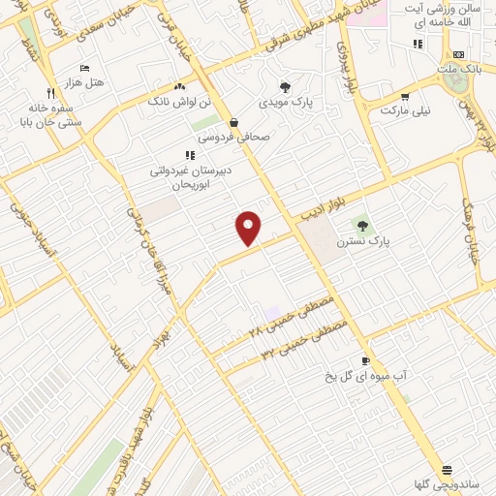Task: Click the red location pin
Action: click(249, 228)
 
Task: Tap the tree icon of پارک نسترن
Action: click(362, 226)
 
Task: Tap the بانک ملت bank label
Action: click(458, 70)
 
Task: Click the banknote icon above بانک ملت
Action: click(458, 54)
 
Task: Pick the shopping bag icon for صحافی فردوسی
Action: click(234, 122)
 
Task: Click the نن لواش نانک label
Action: click(175, 100)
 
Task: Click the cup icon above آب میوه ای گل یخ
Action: click(364, 358)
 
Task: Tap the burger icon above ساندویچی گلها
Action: click(445, 469)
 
